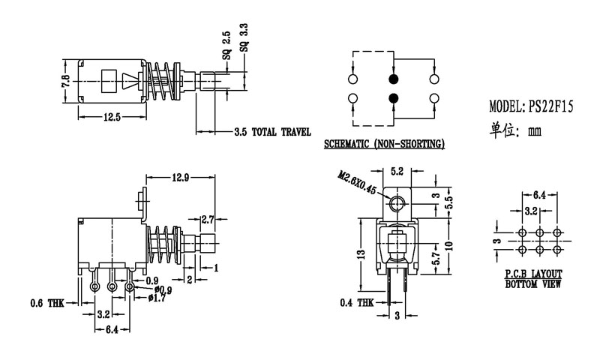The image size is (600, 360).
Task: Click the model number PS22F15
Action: pyautogui.click(x=552, y=106)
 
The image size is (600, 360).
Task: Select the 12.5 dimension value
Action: pyautogui.click(x=112, y=117)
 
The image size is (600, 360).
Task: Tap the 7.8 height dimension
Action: pyautogui.click(x=65, y=82)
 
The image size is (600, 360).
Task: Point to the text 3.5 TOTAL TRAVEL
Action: pyautogui.click(x=272, y=132)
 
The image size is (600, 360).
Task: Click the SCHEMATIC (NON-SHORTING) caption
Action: pyautogui.click(x=384, y=143)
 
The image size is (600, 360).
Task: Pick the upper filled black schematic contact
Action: pyautogui.click(x=393, y=79)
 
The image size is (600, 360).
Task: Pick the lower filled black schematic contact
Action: pyautogui.click(x=393, y=98)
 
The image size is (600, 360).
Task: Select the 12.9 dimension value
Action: pyautogui.click(x=181, y=177)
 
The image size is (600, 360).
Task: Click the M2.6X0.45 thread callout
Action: pyautogui.click(x=357, y=183)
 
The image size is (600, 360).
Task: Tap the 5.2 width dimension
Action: pyautogui.click(x=397, y=171)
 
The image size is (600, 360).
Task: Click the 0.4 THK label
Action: pyautogui.click(x=358, y=303)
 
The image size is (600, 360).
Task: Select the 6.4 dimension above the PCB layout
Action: pyautogui.click(x=539, y=193)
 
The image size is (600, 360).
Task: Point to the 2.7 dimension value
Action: pyautogui.click(x=209, y=219)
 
